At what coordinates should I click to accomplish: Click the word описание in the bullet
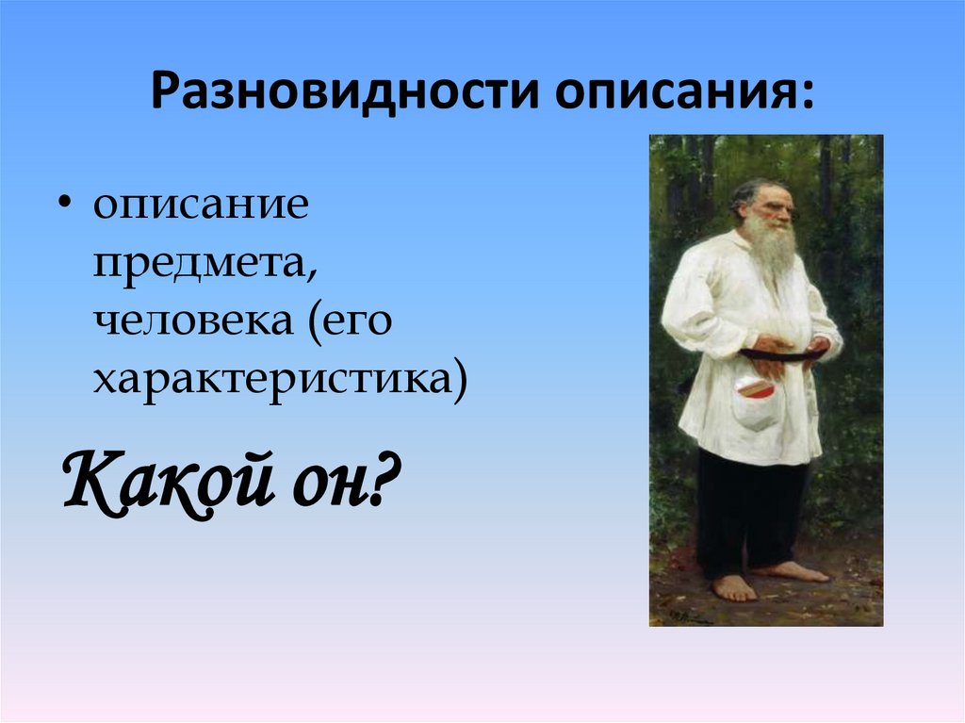pyautogui.click(x=200, y=205)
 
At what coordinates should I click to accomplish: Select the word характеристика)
pyautogui.click(x=279, y=383)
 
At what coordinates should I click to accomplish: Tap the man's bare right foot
pyautogui.click(x=733, y=587)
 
